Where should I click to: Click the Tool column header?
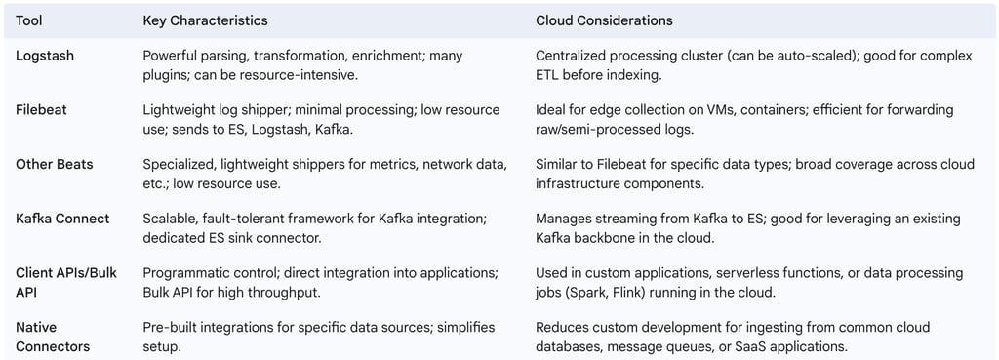pyautogui.click(x=29, y=20)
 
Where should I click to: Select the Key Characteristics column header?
pyautogui.click(x=205, y=20)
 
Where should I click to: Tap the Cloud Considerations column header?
pyautogui.click(x=604, y=20)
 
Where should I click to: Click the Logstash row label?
pyautogui.click(x=45, y=56)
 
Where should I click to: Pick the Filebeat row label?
pyautogui.click(x=41, y=109)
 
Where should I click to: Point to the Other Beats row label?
pyautogui.click(x=55, y=164)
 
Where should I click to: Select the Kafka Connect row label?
pyautogui.click(x=61, y=219)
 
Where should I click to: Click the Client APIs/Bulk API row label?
pyautogui.click(x=65, y=282)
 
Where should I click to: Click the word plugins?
pyautogui.click(x=166, y=73)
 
